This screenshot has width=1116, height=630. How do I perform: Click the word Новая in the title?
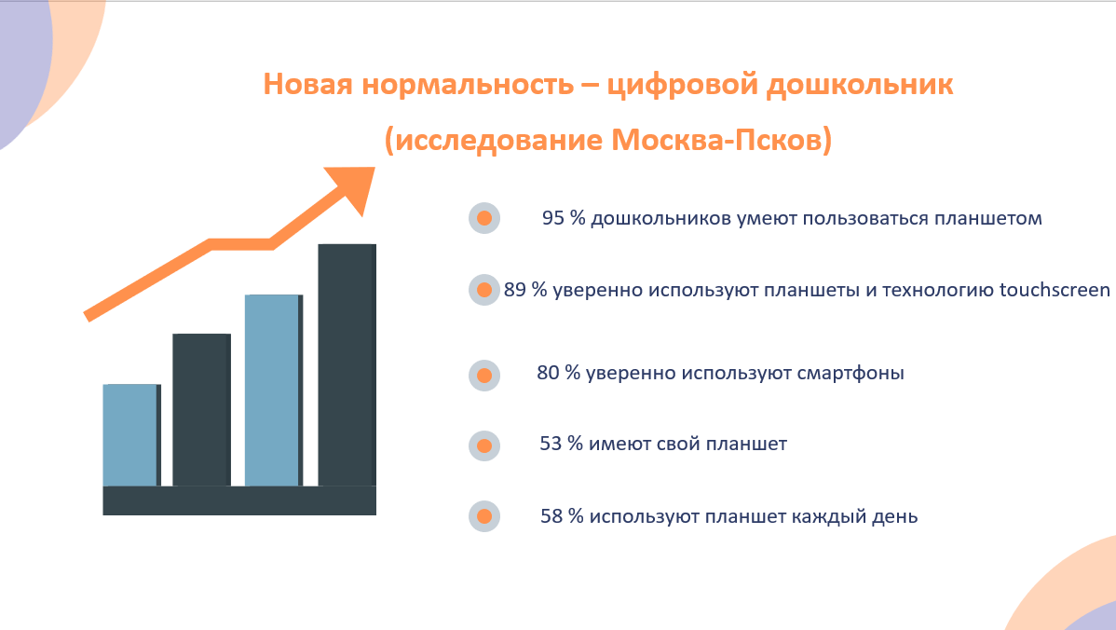(307, 84)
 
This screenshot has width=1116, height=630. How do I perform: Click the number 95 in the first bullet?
(553, 218)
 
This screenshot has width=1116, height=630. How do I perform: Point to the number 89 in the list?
(515, 290)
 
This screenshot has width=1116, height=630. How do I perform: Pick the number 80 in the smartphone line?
(548, 373)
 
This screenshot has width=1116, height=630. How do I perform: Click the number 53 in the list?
(551, 445)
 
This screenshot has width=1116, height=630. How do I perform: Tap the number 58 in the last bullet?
(551, 516)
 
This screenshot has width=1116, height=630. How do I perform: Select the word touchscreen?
(1055, 290)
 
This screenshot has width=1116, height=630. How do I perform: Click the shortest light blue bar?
(131, 435)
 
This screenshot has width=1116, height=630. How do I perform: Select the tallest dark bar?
(347, 365)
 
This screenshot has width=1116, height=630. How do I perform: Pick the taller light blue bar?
(273, 390)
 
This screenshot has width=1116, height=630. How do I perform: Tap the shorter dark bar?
(201, 410)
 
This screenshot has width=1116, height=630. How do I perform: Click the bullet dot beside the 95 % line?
(484, 218)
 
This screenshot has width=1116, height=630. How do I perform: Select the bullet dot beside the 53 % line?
(484, 445)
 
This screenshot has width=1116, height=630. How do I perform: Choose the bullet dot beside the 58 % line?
(484, 516)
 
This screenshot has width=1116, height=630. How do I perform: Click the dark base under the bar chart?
(239, 500)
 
